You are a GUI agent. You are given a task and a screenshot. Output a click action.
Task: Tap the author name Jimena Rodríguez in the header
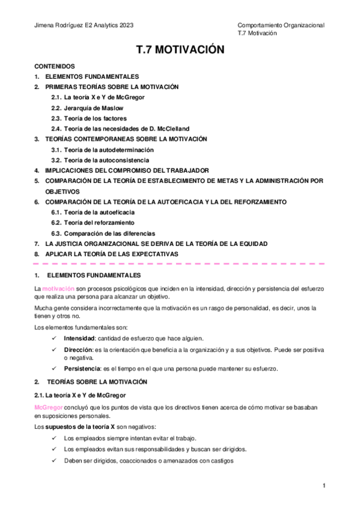point(59,25)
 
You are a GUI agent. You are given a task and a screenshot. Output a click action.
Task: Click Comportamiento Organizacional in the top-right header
point(281,25)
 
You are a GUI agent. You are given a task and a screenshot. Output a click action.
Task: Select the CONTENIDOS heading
point(54,66)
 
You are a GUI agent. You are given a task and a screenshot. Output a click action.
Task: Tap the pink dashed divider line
point(180,264)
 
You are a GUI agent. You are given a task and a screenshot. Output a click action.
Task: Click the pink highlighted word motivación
point(58,289)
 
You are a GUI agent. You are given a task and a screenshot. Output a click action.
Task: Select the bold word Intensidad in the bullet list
point(80,339)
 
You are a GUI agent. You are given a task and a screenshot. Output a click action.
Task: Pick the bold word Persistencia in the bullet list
point(82,368)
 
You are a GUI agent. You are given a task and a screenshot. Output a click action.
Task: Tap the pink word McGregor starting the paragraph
point(49,407)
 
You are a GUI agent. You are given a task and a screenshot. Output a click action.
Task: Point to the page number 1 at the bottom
point(324,486)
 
